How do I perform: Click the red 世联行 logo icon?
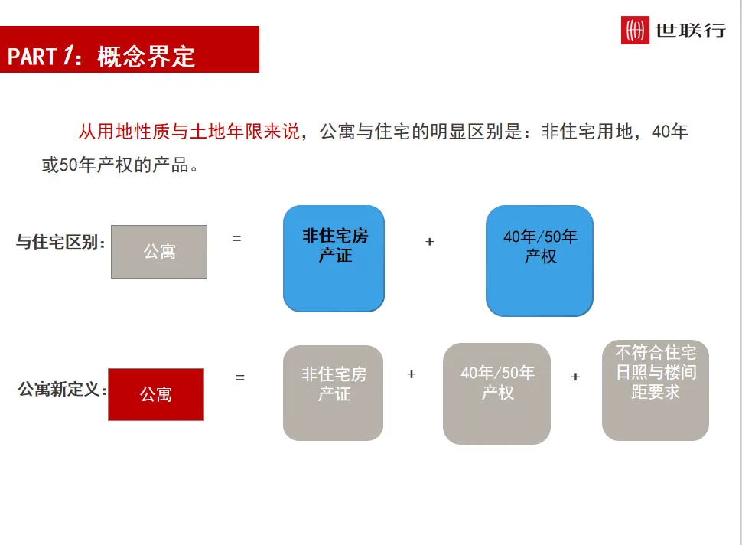pos(635,30)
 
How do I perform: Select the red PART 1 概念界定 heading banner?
pos(129,50)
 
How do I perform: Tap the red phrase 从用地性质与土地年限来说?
pos(188,132)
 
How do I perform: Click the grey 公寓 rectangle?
pos(159,252)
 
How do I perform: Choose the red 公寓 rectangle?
pos(156,394)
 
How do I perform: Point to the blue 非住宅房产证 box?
pos(334,259)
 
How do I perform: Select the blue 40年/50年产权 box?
pos(539,260)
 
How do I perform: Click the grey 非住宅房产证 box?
pos(334,393)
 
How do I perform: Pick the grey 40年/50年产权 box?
pos(496,393)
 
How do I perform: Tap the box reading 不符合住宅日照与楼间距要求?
pos(656,390)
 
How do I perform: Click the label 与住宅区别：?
pos(61,243)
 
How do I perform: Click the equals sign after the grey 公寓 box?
pos(236,239)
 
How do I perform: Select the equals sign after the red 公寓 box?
pos(240,377)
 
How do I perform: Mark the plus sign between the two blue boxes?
pos(430,242)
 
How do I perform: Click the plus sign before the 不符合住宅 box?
pos(575,377)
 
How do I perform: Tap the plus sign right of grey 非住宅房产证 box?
pos(412,374)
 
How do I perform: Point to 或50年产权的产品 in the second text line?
pos(115,165)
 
